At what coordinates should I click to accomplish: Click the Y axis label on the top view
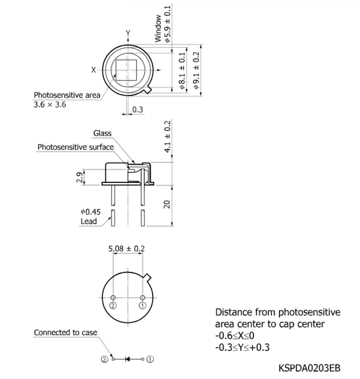128,33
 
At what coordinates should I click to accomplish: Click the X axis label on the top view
94,70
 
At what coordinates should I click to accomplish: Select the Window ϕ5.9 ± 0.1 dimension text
162,24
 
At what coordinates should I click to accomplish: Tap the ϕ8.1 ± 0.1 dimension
182,71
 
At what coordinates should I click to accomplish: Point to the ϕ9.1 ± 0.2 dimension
197,70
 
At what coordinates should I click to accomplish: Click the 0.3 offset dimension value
138,109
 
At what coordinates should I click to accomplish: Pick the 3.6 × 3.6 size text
50,104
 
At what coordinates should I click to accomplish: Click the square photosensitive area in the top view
126,70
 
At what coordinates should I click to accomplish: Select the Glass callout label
102,133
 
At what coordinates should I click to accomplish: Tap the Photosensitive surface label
76,147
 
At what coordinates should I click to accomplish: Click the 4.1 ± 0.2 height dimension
167,136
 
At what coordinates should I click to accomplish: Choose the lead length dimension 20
167,204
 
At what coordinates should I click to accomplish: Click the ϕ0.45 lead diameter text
90,212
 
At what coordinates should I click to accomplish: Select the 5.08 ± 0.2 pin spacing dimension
127,249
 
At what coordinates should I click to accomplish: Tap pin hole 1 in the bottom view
142,298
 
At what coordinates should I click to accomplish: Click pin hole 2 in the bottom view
113,298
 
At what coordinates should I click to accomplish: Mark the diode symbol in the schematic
127,359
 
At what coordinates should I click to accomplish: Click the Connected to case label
66,332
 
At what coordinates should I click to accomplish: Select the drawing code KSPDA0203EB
310,368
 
